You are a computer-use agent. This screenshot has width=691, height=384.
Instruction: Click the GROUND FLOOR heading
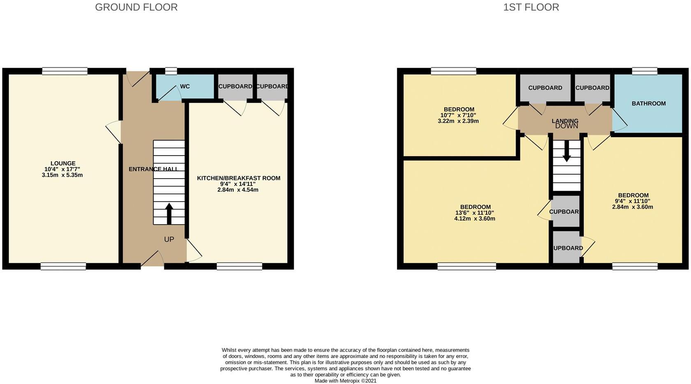click(x=136, y=7)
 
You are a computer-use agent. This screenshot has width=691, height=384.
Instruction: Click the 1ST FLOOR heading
click(x=531, y=7)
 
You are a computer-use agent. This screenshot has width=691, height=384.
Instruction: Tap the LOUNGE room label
click(x=63, y=163)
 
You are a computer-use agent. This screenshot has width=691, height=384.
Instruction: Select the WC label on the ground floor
click(x=185, y=87)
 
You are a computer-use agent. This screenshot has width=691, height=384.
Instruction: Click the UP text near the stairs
click(x=169, y=239)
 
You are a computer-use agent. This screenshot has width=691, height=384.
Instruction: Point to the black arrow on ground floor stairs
click(x=169, y=213)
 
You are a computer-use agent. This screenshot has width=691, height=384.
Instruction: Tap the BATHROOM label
click(x=649, y=103)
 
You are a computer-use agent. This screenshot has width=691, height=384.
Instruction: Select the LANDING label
click(x=565, y=121)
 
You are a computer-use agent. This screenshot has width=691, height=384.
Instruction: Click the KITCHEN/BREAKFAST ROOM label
click(x=239, y=178)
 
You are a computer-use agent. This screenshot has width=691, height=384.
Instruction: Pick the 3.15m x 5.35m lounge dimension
click(x=62, y=175)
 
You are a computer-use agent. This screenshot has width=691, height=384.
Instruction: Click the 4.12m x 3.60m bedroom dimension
click(x=475, y=218)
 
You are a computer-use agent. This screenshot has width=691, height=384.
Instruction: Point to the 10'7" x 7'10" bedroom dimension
click(x=458, y=115)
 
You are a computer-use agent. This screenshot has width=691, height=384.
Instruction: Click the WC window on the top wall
click(x=171, y=71)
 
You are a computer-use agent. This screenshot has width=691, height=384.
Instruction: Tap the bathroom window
click(x=645, y=71)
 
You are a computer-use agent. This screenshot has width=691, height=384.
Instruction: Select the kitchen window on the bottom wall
click(x=239, y=267)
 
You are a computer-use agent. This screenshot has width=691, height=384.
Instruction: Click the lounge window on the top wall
click(x=65, y=71)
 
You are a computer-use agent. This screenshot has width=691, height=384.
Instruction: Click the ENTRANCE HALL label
click(x=153, y=169)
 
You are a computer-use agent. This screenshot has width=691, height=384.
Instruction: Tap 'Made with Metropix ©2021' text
click(x=345, y=381)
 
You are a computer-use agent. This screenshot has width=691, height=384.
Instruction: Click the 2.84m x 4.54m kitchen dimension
click(x=238, y=190)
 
